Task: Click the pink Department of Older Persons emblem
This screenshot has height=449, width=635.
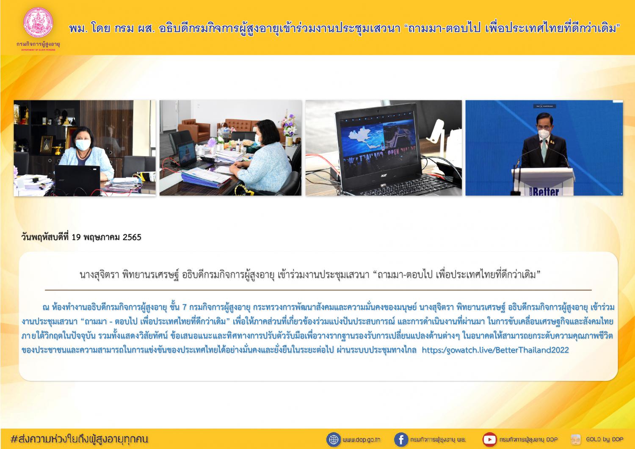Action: click(x=38, y=22)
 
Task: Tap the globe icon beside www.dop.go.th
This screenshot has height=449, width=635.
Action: click(x=334, y=440)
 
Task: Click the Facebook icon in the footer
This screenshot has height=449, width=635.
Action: click(x=401, y=440)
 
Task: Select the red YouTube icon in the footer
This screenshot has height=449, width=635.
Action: click(x=489, y=440)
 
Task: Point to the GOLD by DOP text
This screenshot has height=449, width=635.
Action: click(x=605, y=439)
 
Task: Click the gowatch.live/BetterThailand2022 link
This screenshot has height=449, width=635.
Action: click(x=495, y=350)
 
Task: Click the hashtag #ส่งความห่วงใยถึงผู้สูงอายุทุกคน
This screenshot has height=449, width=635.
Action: click(x=79, y=439)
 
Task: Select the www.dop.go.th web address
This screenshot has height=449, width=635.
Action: click(x=362, y=440)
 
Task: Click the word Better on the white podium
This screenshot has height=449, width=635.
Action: click(x=546, y=192)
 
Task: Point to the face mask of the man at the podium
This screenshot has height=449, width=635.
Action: click(x=544, y=133)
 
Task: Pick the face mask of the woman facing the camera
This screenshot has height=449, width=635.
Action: click(x=83, y=145)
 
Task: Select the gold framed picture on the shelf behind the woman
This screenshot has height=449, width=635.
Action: click(x=46, y=144)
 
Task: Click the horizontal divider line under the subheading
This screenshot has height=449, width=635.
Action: click(x=318, y=290)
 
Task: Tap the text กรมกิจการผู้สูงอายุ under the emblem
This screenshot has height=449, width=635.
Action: click(x=38, y=44)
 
